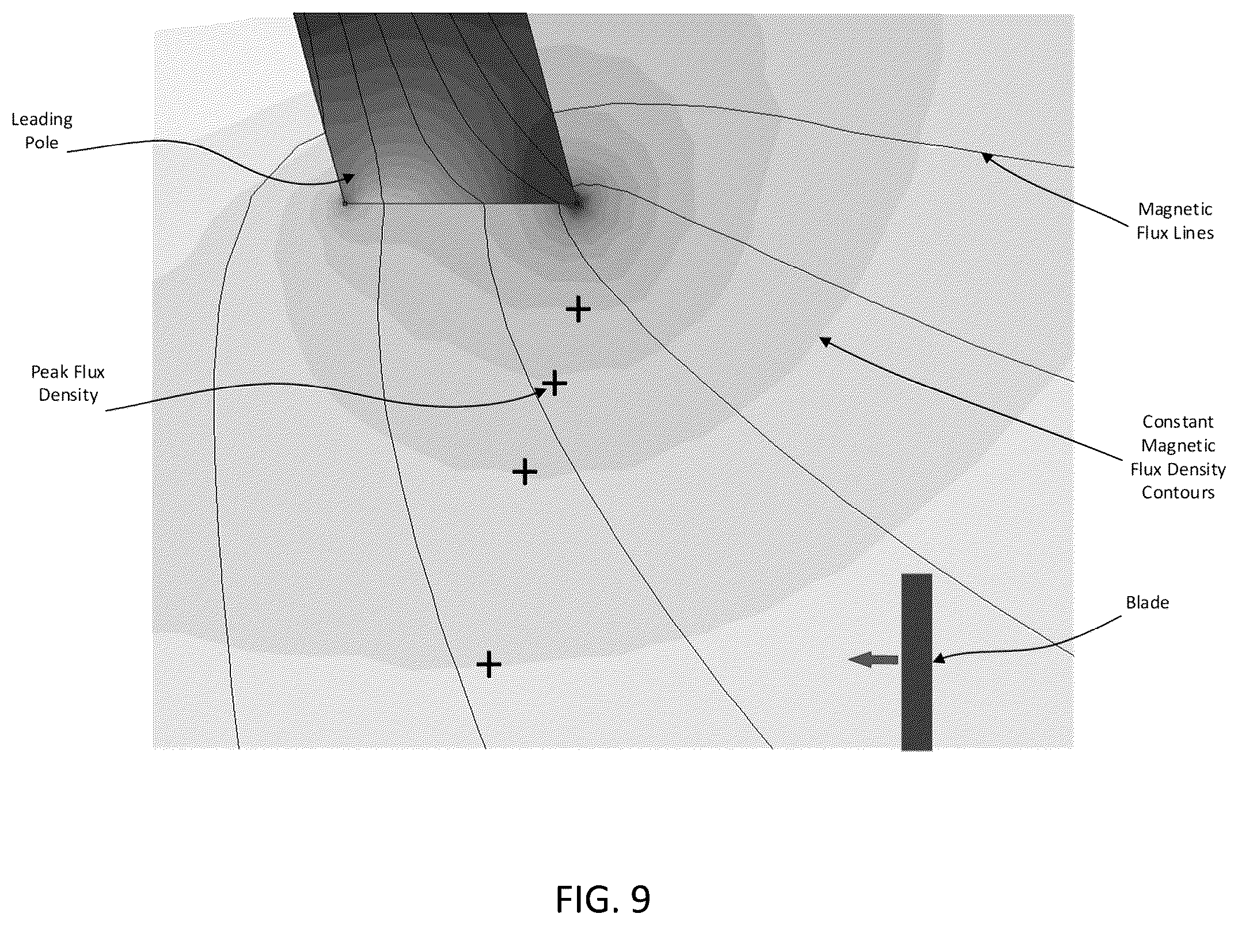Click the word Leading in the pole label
pos(42,120)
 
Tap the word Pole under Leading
pos(42,142)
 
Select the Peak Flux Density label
pos(68,384)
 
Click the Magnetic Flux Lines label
pos(1175,221)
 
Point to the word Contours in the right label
pos(1178,492)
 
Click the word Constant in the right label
pos(1178,422)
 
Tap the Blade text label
pos(1148,602)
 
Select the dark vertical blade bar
pos(917,662)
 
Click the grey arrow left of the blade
pos(874,660)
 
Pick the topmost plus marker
pos(578,310)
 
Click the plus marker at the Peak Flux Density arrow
pos(555,382)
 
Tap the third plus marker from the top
pos(525,472)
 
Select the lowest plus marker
pos(489,665)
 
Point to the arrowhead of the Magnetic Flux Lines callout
pos(987,157)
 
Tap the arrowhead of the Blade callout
pos(937,658)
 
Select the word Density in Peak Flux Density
pos(68,395)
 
